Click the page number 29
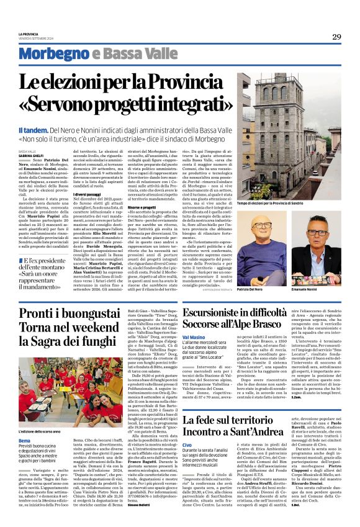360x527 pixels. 336,37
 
